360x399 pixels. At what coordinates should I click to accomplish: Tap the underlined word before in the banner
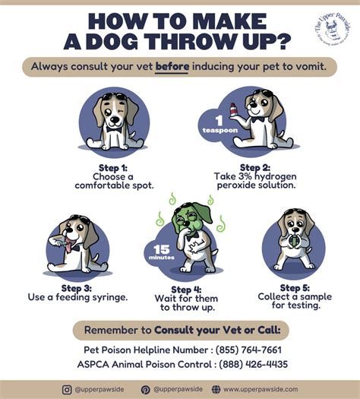[x=172, y=67]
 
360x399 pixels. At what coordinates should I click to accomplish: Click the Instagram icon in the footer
[x=67, y=389]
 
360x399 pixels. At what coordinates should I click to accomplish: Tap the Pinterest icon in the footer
[x=145, y=389]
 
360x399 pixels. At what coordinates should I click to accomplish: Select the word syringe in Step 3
[x=106, y=298]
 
